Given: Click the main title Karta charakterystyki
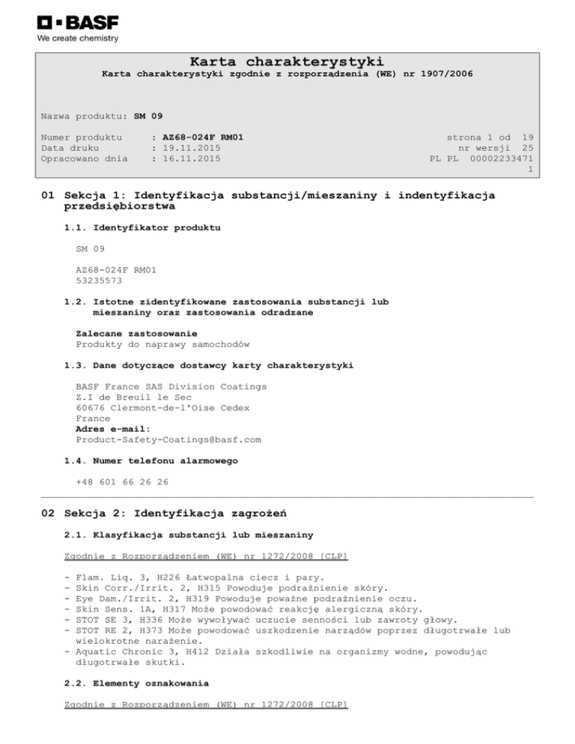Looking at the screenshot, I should (x=287, y=61).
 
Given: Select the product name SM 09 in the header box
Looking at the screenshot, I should (x=148, y=116).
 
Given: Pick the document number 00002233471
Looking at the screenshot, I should (x=502, y=159).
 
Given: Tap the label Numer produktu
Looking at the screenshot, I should (x=82, y=137).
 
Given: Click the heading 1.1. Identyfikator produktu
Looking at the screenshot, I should (x=142, y=226).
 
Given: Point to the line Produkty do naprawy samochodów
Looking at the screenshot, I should (x=162, y=344).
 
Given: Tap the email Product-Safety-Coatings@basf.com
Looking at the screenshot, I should (x=168, y=440).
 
